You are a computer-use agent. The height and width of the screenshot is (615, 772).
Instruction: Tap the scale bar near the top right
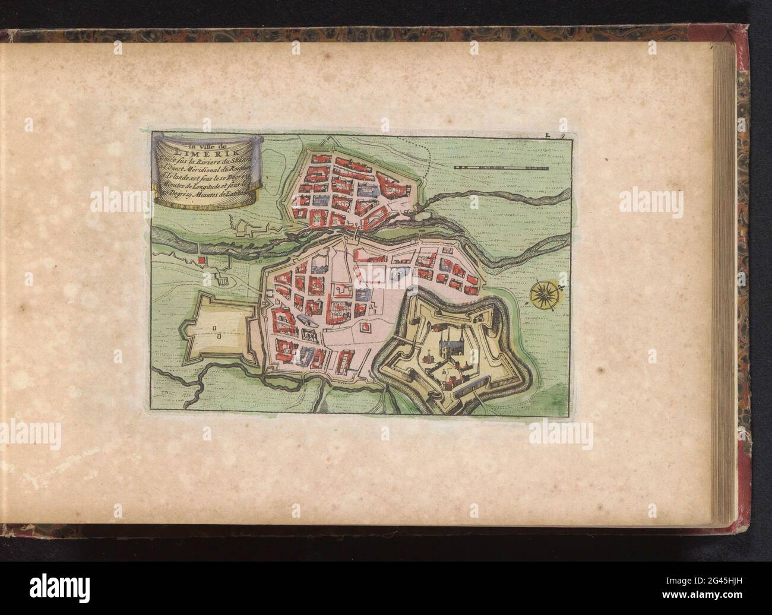(x=501, y=169)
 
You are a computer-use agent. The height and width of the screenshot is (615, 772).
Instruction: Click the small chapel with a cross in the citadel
(x=426, y=358)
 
